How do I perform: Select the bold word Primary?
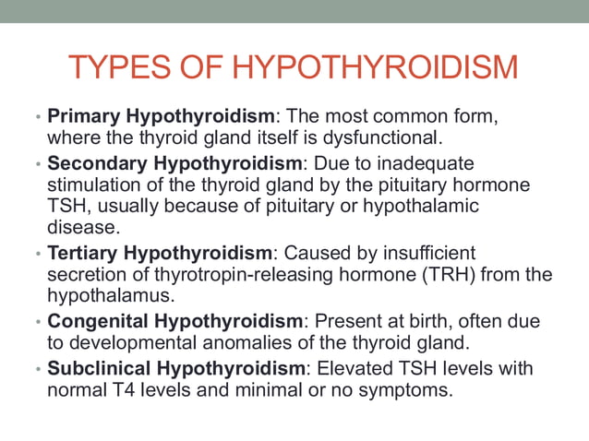[83, 117]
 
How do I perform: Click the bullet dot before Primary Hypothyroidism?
[38, 119]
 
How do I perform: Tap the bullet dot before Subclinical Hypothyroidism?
[38, 369]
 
